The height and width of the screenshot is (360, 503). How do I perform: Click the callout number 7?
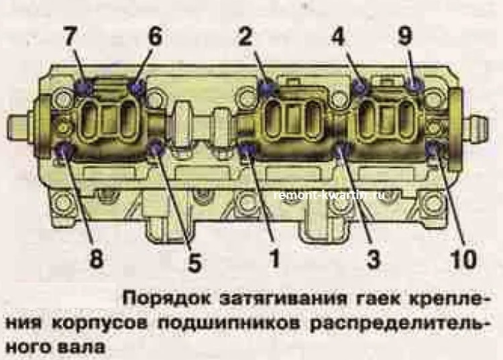(x=70, y=37)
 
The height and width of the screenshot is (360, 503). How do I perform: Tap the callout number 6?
(x=155, y=37)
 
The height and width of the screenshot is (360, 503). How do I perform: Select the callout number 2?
(x=245, y=36)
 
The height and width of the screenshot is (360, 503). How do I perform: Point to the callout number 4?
(x=337, y=36)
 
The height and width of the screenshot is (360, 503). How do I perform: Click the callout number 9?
(x=405, y=36)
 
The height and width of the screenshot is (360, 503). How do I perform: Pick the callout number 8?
(x=96, y=257)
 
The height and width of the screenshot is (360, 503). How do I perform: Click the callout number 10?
(x=463, y=258)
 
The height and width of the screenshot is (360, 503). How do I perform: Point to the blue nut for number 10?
(x=434, y=149)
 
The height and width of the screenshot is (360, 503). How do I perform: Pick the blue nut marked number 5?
(x=156, y=147)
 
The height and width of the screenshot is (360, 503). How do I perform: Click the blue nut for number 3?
(x=342, y=149)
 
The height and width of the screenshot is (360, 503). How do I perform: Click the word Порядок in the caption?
(x=167, y=299)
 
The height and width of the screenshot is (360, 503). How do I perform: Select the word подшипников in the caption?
(x=229, y=324)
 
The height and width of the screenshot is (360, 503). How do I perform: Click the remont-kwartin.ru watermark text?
(x=329, y=194)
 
